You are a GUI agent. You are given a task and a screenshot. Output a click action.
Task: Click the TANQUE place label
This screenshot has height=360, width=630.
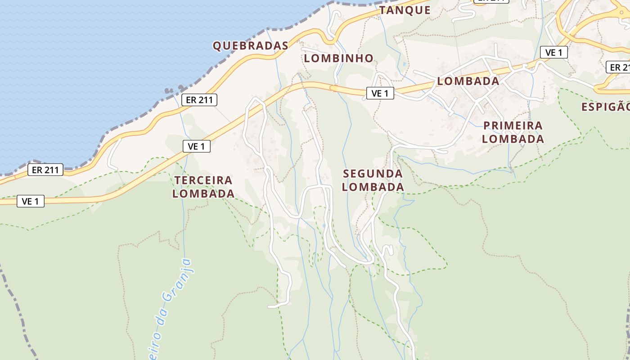(x=405, y=10)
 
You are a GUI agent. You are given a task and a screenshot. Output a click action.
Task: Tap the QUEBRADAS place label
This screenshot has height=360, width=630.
(x=250, y=45)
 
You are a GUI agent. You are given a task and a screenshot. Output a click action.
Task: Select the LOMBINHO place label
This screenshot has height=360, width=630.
(x=338, y=58)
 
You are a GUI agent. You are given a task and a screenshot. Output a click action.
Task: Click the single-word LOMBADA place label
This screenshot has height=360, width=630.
(x=468, y=81)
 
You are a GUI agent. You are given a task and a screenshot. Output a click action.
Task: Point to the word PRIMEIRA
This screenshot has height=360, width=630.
(x=513, y=125)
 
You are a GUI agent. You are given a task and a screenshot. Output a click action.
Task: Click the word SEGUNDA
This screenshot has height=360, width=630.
(x=373, y=174)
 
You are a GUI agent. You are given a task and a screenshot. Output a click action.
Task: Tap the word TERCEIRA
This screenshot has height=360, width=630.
(x=203, y=180)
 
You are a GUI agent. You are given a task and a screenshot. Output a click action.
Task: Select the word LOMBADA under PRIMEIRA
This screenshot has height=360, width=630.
(x=513, y=139)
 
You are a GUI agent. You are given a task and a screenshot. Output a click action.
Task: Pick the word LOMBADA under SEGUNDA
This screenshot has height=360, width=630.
(x=373, y=187)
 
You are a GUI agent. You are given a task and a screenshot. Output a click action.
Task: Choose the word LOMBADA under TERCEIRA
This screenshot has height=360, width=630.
(x=203, y=193)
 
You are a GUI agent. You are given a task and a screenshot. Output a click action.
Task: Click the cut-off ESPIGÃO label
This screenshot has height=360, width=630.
(x=606, y=107)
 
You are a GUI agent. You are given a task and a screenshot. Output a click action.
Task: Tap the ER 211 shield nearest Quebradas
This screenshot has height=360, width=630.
(x=199, y=100)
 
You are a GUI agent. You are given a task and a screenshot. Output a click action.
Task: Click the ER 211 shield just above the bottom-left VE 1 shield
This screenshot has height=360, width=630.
(x=45, y=170)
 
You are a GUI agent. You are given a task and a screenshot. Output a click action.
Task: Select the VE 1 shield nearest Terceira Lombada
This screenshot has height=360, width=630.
(x=197, y=146)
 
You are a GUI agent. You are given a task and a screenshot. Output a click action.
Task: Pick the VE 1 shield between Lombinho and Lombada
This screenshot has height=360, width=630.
(x=380, y=93)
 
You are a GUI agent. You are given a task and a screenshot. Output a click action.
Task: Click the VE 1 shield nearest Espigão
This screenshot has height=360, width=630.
(x=553, y=53)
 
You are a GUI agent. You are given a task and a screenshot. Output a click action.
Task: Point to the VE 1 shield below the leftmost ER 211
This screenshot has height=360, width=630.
(x=31, y=201)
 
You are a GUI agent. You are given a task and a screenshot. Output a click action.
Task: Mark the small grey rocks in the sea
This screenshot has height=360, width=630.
(x=173, y=90)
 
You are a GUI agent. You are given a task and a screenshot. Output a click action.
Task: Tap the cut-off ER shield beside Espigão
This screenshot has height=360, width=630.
(x=619, y=67)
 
